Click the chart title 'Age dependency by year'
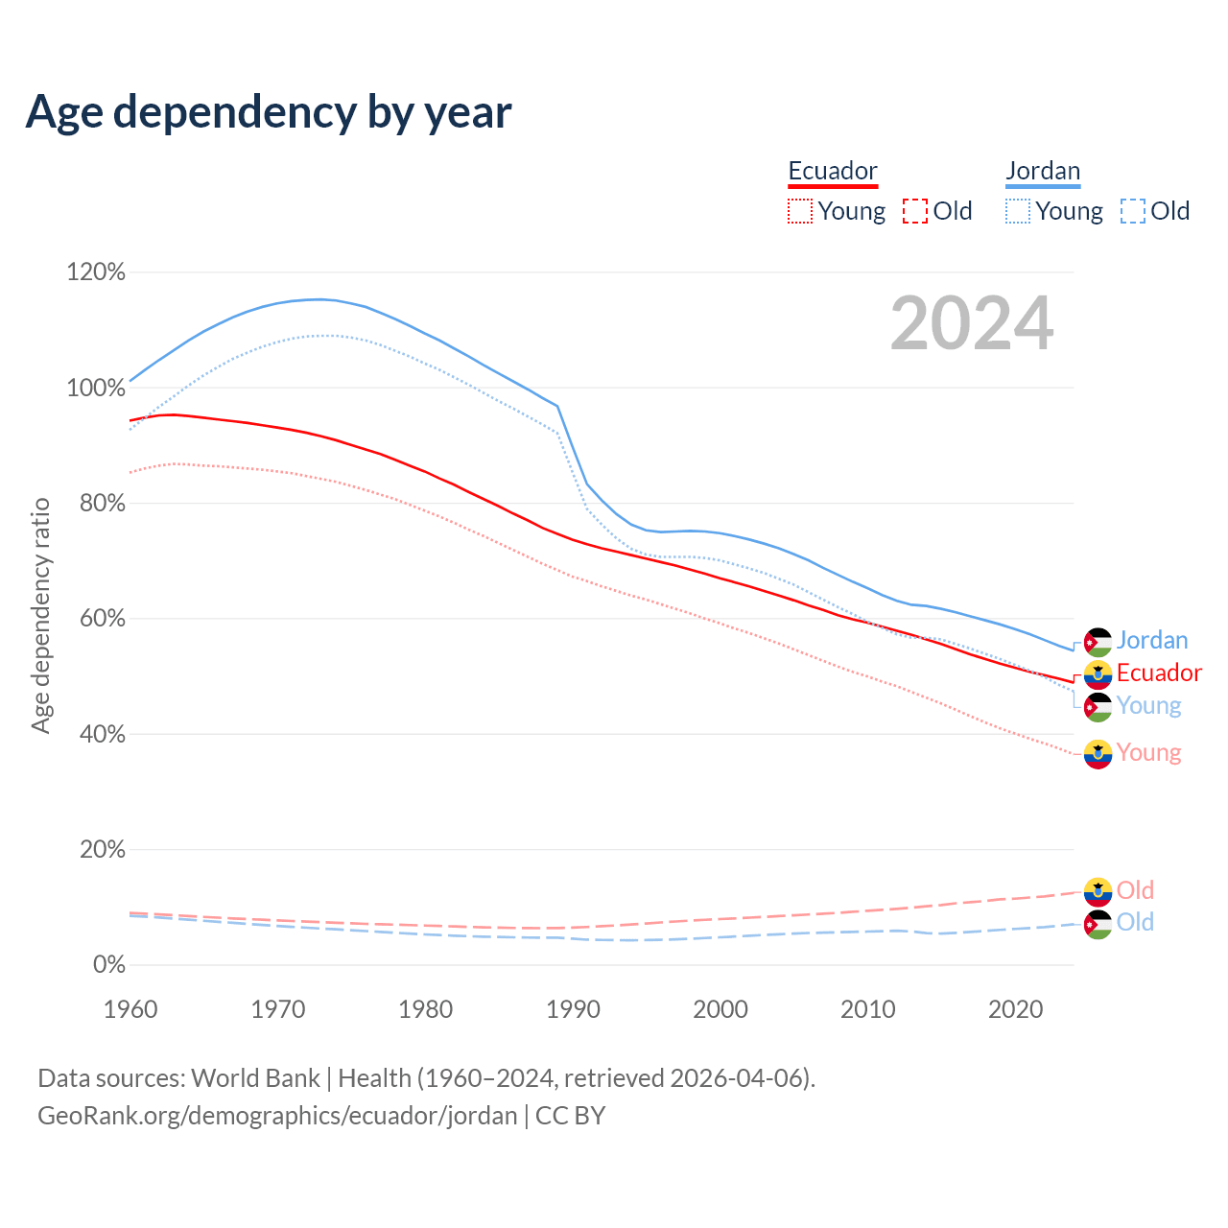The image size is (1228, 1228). (269, 112)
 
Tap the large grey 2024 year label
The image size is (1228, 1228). (972, 323)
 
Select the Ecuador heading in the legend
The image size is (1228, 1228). (833, 171)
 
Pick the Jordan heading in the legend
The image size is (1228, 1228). (1043, 171)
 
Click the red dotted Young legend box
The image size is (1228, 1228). (799, 211)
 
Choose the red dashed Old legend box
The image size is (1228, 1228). (915, 211)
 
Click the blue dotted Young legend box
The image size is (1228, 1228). (1018, 211)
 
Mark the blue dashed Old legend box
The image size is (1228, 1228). (1133, 211)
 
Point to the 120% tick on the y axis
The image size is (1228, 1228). (96, 272)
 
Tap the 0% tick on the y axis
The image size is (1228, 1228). (108, 965)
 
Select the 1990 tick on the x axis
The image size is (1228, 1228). (573, 1009)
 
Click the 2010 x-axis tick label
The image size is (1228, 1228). (867, 1009)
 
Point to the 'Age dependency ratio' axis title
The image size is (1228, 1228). (40, 615)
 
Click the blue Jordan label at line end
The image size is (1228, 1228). (1152, 640)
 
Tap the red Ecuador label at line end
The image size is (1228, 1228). (1159, 673)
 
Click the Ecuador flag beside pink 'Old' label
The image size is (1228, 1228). (1098, 891)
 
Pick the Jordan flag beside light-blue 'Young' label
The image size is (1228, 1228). (1098, 707)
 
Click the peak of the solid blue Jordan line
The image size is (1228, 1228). (319, 298)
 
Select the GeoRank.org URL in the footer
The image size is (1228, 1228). (277, 1116)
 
